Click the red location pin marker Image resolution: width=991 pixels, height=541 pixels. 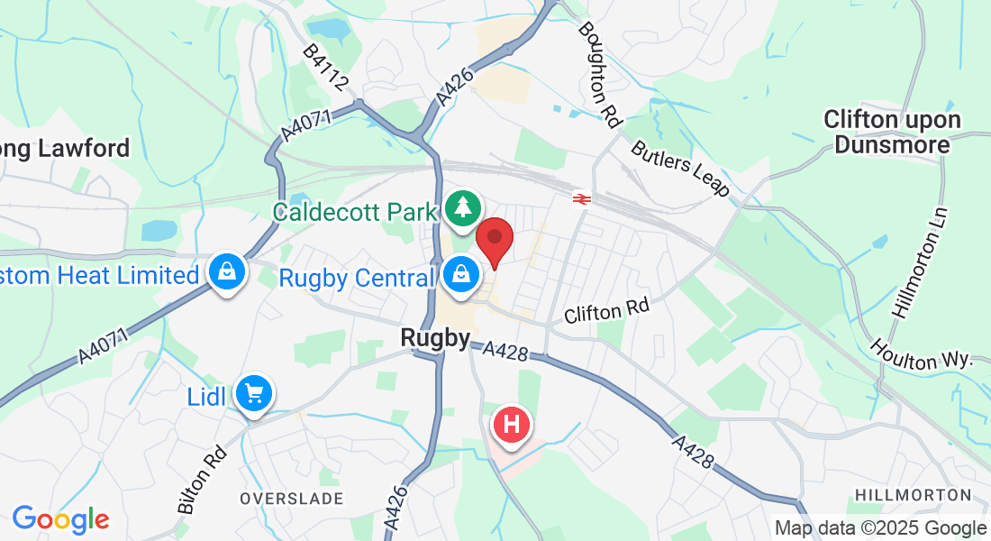494,240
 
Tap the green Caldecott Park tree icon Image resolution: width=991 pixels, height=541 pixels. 463,208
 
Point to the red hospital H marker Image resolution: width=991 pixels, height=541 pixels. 512,424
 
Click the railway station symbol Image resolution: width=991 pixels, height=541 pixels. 582,198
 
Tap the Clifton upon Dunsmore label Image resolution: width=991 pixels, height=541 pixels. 892,132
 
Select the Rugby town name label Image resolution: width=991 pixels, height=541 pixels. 435,339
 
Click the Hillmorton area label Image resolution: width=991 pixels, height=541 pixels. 913,495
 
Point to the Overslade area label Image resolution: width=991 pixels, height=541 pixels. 291,499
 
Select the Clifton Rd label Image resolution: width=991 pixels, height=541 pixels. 606,313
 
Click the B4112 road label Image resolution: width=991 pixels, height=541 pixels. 325,68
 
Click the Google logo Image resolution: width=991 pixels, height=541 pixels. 60,519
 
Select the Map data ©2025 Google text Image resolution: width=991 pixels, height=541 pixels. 880,528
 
